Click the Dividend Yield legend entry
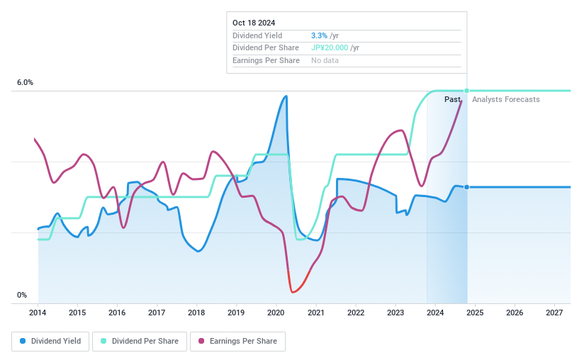click(50, 341)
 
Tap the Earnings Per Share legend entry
click(237, 341)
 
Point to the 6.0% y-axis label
click(25, 83)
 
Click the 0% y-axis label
click(22, 296)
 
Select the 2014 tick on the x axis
click(38, 313)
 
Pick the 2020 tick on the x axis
click(276, 313)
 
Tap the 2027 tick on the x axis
click(554, 313)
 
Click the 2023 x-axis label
click(396, 313)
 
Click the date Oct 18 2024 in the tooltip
click(254, 22)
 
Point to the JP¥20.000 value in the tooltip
click(330, 47)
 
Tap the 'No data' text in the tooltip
click(325, 60)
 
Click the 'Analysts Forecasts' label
click(505, 99)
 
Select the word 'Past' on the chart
click(453, 99)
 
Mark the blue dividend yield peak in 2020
click(286, 96)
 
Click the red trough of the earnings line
click(292, 291)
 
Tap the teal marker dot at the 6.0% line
click(466, 91)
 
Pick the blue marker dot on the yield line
click(466, 187)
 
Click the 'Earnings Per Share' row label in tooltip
click(266, 60)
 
